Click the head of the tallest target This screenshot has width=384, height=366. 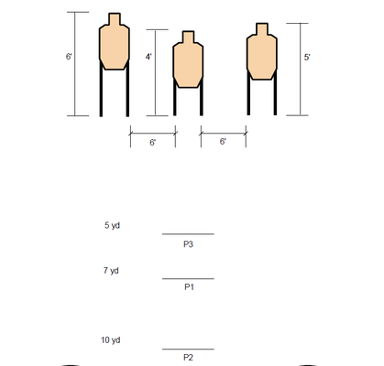point(115,19)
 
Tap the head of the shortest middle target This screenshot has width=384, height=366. point(188,37)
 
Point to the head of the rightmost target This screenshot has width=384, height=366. point(262,29)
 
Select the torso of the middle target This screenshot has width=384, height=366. point(188,65)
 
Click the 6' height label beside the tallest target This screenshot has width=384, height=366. point(69,57)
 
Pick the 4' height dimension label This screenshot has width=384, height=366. point(148,57)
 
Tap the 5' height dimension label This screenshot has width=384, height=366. point(307,58)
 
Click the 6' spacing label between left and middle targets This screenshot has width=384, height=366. point(152,143)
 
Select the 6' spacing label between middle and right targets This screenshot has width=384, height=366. point(223,142)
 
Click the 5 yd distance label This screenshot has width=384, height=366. point(112,226)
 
